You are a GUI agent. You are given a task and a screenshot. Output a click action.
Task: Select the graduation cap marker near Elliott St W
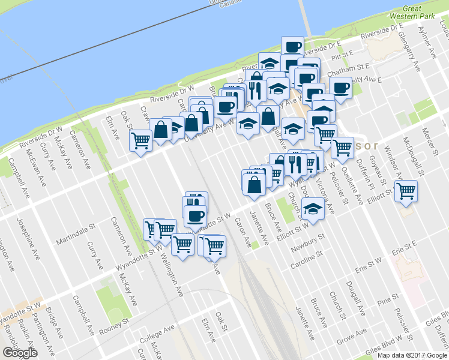tap(313, 208)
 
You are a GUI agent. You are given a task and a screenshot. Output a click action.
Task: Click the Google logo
tap(20, 353)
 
